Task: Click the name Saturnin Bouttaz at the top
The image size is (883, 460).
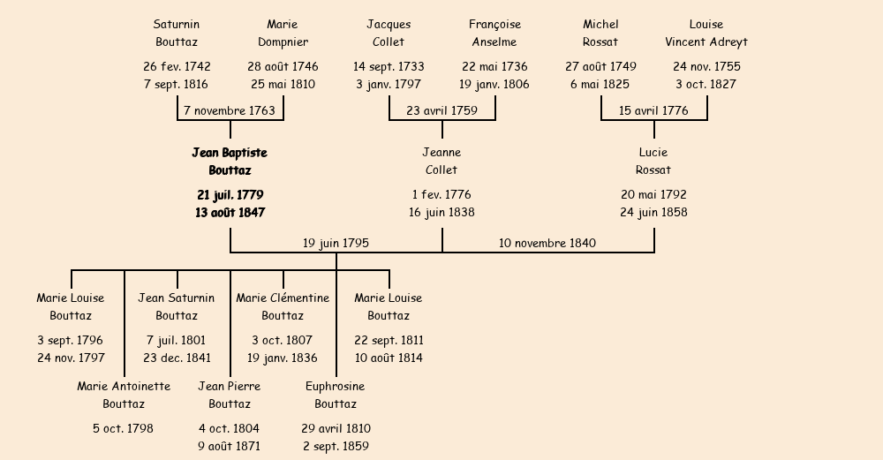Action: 177,33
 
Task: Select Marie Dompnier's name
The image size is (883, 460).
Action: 283,33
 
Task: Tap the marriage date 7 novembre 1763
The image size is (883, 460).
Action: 230,111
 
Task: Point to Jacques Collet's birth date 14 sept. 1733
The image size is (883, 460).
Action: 389,67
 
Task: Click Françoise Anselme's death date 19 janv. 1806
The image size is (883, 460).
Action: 494,85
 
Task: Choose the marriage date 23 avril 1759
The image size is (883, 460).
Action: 441,111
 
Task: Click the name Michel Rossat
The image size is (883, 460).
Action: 600,33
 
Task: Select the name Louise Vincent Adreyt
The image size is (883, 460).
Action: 706,33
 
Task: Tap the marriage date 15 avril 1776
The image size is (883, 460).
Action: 653,111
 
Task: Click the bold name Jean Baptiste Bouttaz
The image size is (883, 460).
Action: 230,162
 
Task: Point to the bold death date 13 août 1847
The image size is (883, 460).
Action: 230,213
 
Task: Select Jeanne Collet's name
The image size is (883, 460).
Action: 441,162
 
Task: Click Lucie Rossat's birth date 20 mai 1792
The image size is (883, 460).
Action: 653,195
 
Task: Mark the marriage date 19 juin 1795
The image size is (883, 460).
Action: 336,244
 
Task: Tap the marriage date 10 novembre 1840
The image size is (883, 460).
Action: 547,244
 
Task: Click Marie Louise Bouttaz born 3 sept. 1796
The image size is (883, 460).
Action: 71,306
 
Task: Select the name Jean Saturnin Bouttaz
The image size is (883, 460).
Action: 177,306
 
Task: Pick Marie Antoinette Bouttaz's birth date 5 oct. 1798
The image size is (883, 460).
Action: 124,429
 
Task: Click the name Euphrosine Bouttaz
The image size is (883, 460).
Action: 336,395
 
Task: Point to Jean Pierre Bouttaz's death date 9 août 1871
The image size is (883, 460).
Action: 230,447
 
